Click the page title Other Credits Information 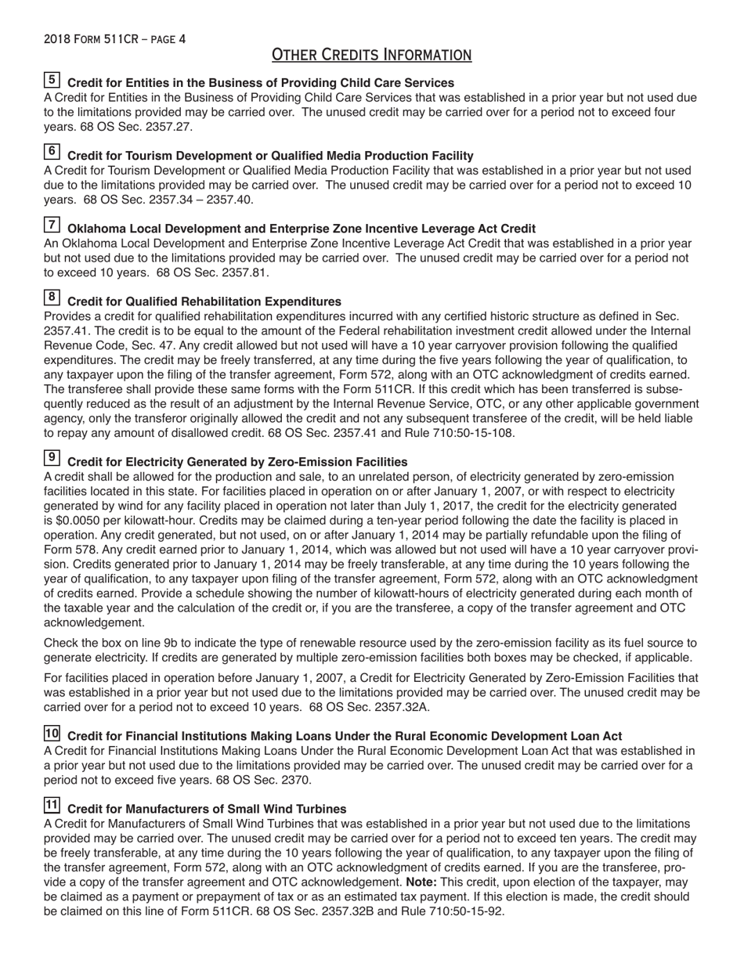[x=371, y=55]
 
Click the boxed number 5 [x=52, y=80]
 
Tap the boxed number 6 [x=52, y=152]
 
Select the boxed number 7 [x=52, y=225]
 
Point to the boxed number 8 [x=52, y=298]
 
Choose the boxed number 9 [x=52, y=458]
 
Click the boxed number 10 [x=52, y=734]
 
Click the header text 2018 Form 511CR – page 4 [x=114, y=39]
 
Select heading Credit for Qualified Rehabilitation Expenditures [x=204, y=301]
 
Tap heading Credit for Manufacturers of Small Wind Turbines [x=207, y=809]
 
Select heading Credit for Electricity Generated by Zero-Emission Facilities [x=237, y=462]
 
